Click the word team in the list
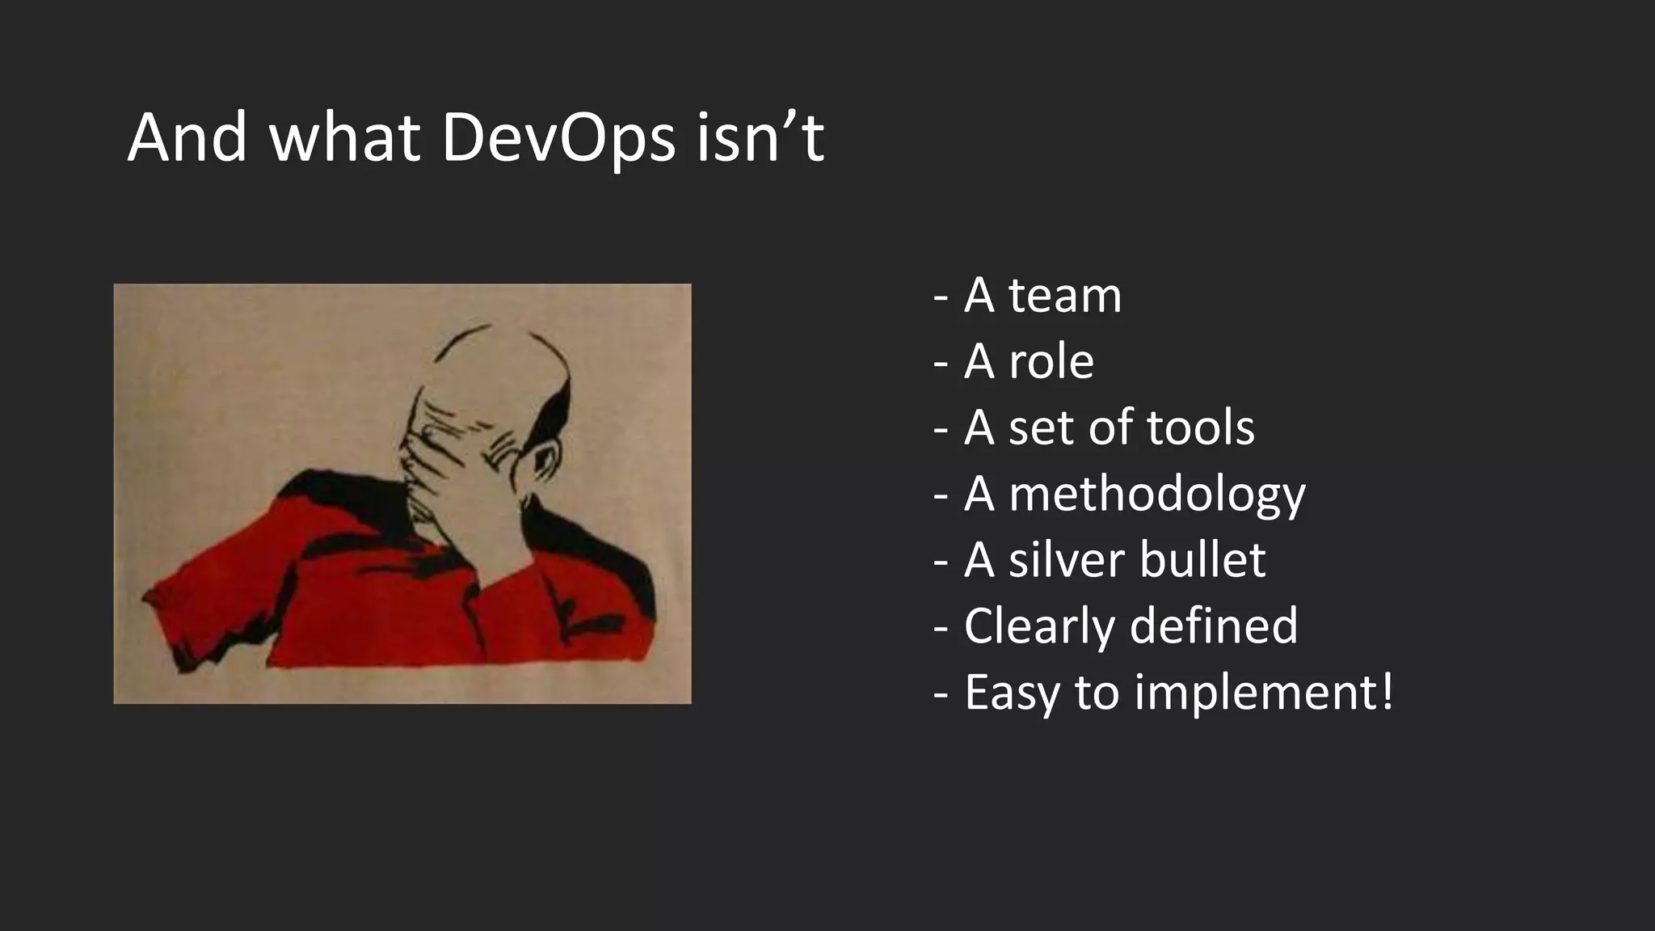pos(1065,296)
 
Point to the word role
pos(1051,362)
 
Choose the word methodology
pos(1157,495)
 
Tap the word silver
pos(1067,561)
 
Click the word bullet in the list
pos(1202,561)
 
